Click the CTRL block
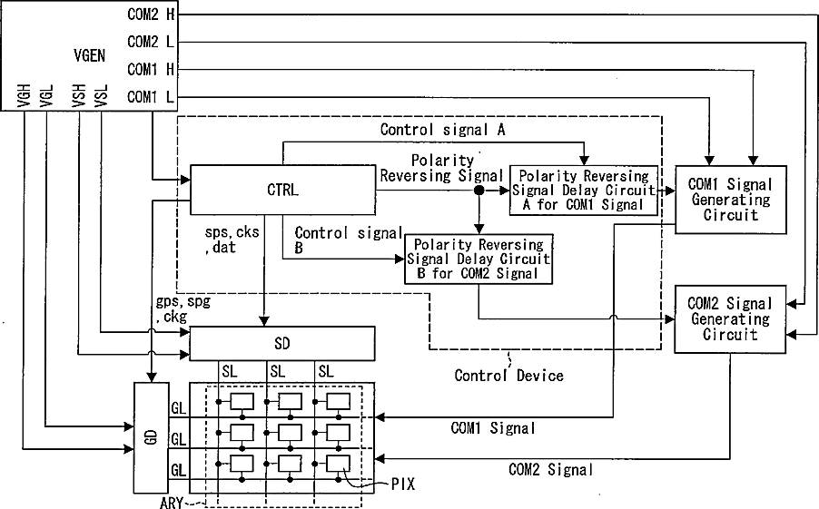pyautogui.click(x=282, y=190)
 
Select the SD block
pyautogui.click(x=282, y=344)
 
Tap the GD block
pyautogui.click(x=152, y=438)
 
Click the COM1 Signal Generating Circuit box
pyautogui.click(x=731, y=200)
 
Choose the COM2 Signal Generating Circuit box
pyautogui.click(x=730, y=319)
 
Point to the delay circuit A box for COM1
pyautogui.click(x=584, y=191)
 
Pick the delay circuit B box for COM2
pyautogui.click(x=479, y=259)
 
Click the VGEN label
pyautogui.click(x=89, y=55)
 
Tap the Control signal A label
pyautogui.click(x=442, y=130)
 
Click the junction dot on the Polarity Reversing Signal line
pyautogui.click(x=479, y=191)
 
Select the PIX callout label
pyautogui.click(x=403, y=485)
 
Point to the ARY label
pyautogui.click(x=172, y=503)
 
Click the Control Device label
pyautogui.click(x=508, y=376)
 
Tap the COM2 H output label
pyautogui.click(x=151, y=15)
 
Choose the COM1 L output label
pyautogui.click(x=151, y=96)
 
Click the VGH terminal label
pyautogui.click(x=24, y=95)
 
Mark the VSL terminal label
pyautogui.click(x=101, y=95)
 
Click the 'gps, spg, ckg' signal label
pyautogui.click(x=183, y=309)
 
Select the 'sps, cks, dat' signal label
pyautogui.click(x=232, y=240)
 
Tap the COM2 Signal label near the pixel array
pyautogui.click(x=550, y=469)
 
